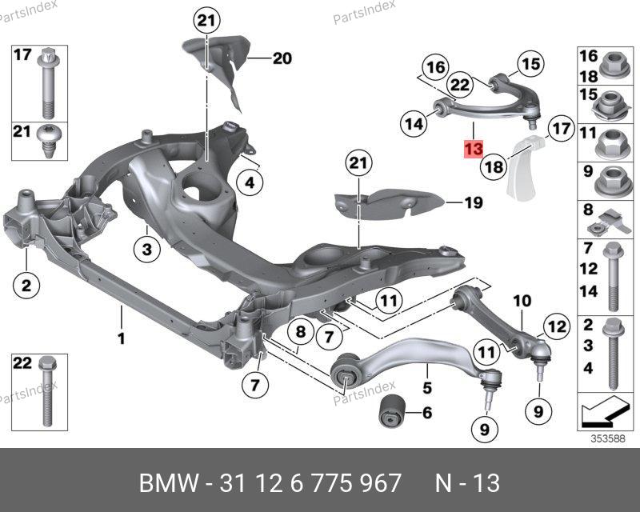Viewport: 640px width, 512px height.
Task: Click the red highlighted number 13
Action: pos(473,150)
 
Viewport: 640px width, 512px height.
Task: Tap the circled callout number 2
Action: pos(26,284)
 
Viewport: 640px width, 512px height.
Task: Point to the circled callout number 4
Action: pos(250,183)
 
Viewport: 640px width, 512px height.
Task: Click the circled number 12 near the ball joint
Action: pos(555,326)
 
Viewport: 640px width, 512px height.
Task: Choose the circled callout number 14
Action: pos(413,124)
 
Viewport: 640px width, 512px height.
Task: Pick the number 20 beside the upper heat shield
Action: pos(282,58)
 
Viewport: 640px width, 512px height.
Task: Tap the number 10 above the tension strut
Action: pos(522,301)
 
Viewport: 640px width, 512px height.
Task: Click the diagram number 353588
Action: pos(608,438)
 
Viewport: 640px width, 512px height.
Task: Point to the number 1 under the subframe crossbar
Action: pos(122,339)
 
